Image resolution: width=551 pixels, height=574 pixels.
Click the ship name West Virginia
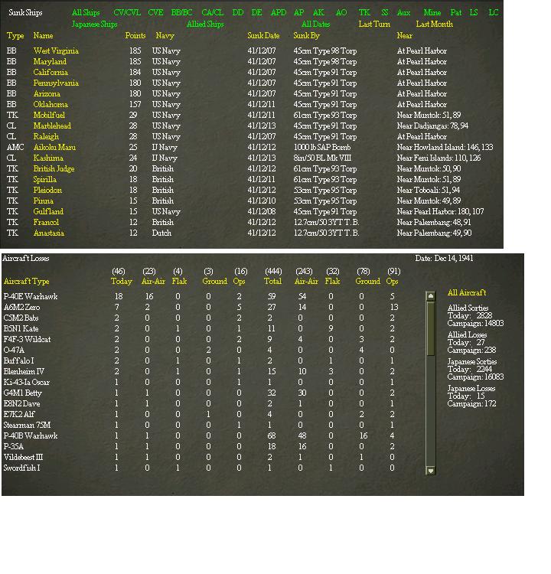pyautogui.click(x=56, y=51)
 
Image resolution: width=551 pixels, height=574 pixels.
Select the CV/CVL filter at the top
pyautogui.click(x=127, y=13)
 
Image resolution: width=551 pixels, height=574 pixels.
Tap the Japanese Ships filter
pyautogui.click(x=94, y=24)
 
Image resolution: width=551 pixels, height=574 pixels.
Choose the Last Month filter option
pyautogui.click(x=434, y=24)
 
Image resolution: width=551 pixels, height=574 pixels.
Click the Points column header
pyautogui.click(x=135, y=36)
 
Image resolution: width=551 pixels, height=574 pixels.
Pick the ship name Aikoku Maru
pyautogui.click(x=54, y=147)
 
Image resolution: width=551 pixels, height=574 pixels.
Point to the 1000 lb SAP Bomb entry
pyautogui.click(x=322, y=147)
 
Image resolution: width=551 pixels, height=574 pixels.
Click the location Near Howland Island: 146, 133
pyautogui.click(x=445, y=147)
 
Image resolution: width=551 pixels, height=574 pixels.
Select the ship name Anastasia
pyautogui.click(x=48, y=233)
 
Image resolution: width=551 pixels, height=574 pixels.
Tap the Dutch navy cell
pyautogui.click(x=161, y=233)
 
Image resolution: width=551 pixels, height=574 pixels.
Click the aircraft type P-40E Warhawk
pyautogui.click(x=31, y=296)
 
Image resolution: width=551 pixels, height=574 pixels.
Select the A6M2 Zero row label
pyautogui.click(x=22, y=307)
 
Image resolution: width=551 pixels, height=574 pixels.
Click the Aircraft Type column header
pyautogui.click(x=26, y=282)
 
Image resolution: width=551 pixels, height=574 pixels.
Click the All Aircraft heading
pyautogui.click(x=466, y=293)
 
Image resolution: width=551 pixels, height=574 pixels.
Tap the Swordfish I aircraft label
pyautogui.click(x=24, y=468)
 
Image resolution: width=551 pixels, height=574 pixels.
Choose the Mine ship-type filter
pyautogui.click(x=432, y=13)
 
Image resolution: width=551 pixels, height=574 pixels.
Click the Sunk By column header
pyautogui.click(x=306, y=36)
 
